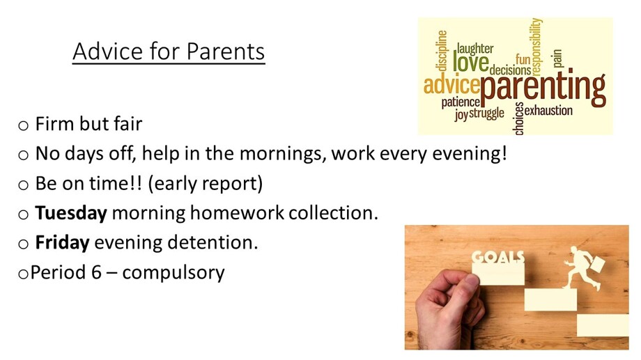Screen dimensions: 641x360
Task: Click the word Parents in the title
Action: (x=226, y=52)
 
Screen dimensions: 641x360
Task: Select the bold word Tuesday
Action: (x=71, y=213)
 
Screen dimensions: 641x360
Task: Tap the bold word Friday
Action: (x=62, y=242)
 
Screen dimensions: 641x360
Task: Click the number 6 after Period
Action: (x=96, y=272)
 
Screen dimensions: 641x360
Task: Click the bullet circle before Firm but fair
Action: (x=23, y=125)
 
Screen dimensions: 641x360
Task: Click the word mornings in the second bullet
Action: (x=282, y=155)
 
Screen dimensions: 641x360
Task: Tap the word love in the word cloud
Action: (x=470, y=63)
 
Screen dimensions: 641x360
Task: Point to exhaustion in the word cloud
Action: (x=548, y=110)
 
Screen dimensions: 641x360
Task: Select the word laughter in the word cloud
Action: (x=475, y=49)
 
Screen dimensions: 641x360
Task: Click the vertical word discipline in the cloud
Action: (x=442, y=51)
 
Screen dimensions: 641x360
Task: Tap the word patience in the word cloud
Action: (x=461, y=102)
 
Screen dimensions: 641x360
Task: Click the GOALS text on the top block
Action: (x=497, y=257)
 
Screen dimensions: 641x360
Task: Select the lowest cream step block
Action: (x=603, y=325)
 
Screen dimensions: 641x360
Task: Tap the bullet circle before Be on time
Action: (x=23, y=185)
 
